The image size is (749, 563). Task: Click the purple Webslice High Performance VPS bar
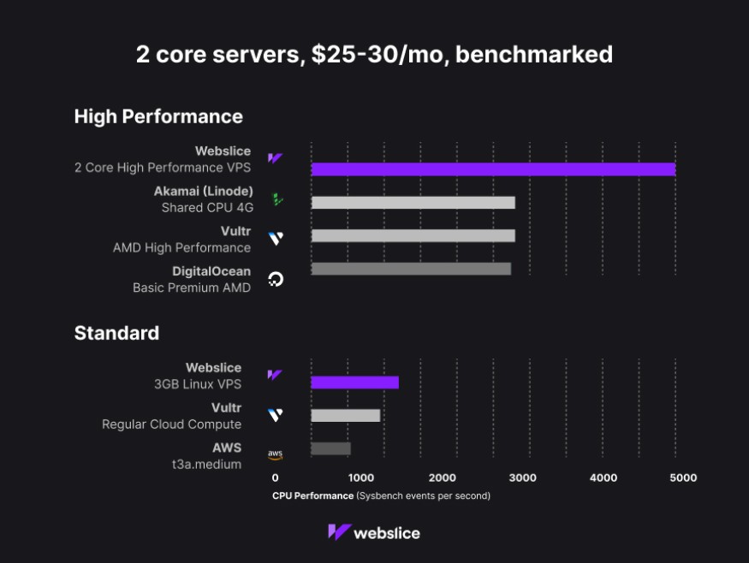pyautogui.click(x=493, y=169)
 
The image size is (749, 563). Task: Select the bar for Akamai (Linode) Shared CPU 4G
pyautogui.click(x=413, y=203)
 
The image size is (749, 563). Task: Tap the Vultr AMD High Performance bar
pyautogui.click(x=413, y=235)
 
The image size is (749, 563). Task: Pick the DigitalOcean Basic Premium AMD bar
pyautogui.click(x=411, y=269)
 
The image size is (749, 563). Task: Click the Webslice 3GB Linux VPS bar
pyautogui.click(x=354, y=382)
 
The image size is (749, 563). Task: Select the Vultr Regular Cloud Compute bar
pyautogui.click(x=345, y=415)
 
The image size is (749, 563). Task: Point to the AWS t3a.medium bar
pyautogui.click(x=330, y=448)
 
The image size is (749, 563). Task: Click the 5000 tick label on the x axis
pyautogui.click(x=683, y=478)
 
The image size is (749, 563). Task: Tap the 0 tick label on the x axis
pyautogui.click(x=275, y=478)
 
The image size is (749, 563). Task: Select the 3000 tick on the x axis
pyautogui.click(x=522, y=478)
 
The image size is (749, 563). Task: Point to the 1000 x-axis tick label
pyautogui.click(x=360, y=478)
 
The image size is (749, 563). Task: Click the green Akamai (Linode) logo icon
pyautogui.click(x=276, y=199)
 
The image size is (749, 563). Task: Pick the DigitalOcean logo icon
pyautogui.click(x=276, y=279)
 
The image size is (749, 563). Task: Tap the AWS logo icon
pyautogui.click(x=275, y=455)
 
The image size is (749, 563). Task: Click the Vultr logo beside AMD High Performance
pyautogui.click(x=276, y=239)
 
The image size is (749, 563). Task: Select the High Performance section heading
pyautogui.click(x=158, y=116)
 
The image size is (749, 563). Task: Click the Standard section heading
pyautogui.click(x=116, y=333)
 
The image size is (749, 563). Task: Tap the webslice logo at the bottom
pyautogui.click(x=374, y=532)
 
